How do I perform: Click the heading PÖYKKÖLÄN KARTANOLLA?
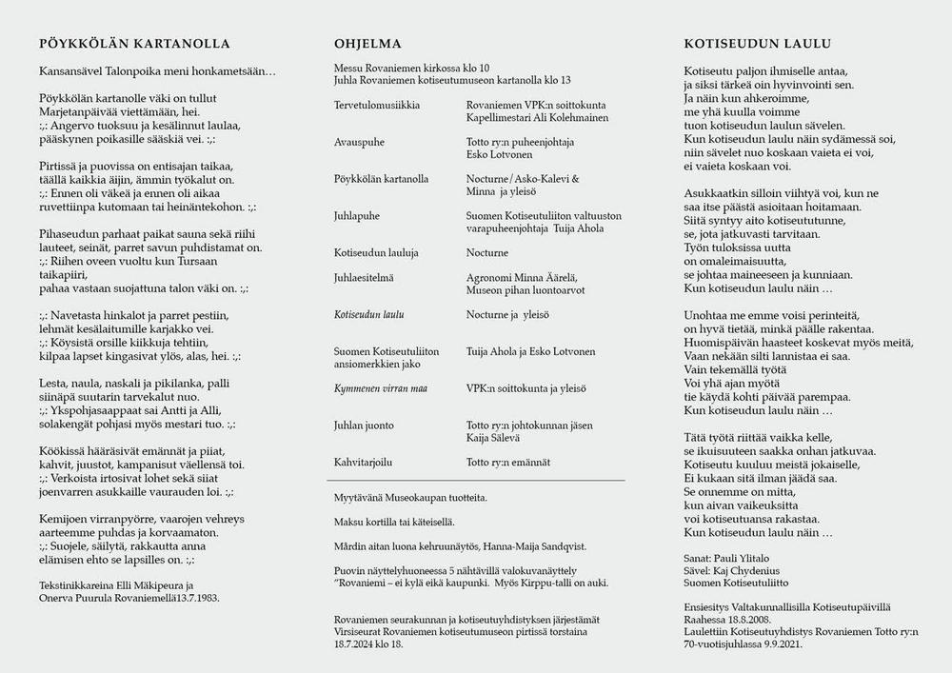135,44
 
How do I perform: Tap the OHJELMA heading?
367,44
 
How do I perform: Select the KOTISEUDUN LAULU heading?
758,44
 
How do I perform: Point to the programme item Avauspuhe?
360,141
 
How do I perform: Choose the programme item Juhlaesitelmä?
364,277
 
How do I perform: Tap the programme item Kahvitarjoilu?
364,462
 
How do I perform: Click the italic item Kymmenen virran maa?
378,388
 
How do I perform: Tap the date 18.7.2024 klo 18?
368,644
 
